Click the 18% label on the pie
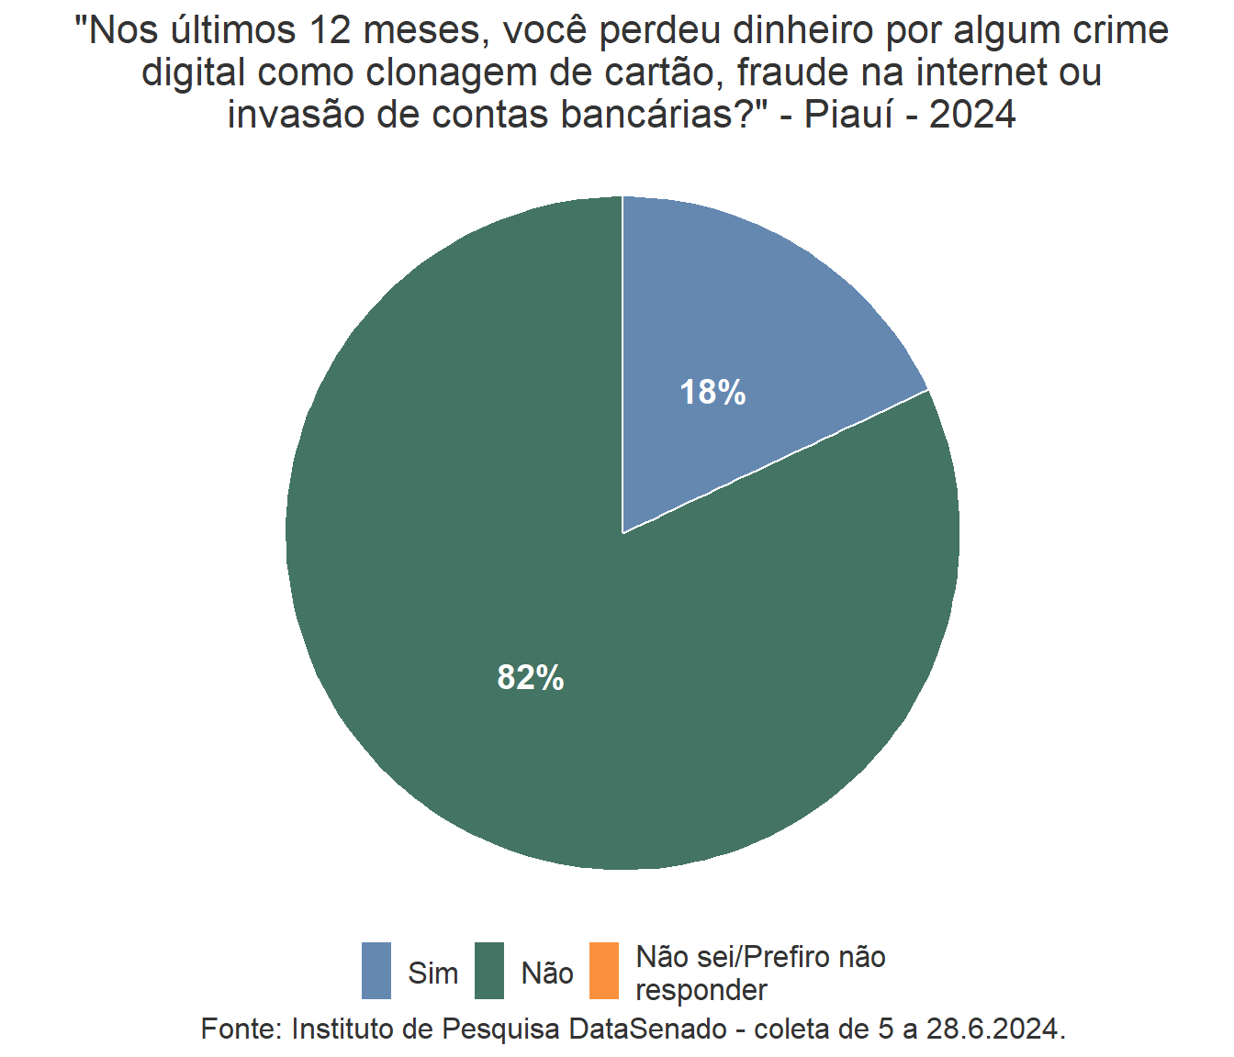click(x=712, y=393)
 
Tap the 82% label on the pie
click(x=531, y=678)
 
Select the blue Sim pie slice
click(x=753, y=312)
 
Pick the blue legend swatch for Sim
click(x=376, y=971)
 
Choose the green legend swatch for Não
click(x=489, y=971)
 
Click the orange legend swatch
click(x=603, y=971)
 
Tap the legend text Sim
click(x=433, y=973)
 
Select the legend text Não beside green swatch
click(x=547, y=973)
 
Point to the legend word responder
click(x=701, y=991)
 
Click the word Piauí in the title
click(x=848, y=116)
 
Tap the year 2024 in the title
click(x=972, y=116)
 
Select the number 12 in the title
click(x=331, y=31)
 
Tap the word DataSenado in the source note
click(x=648, y=1029)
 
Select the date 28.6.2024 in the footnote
click(x=995, y=1029)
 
